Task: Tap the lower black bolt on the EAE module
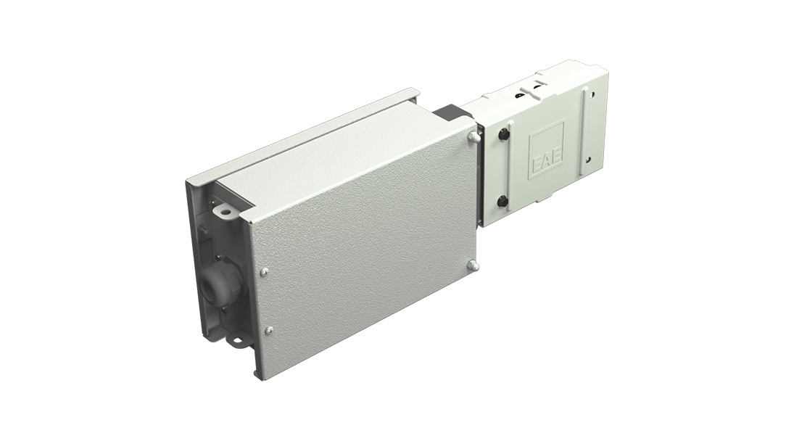pyautogui.click(x=503, y=202)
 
